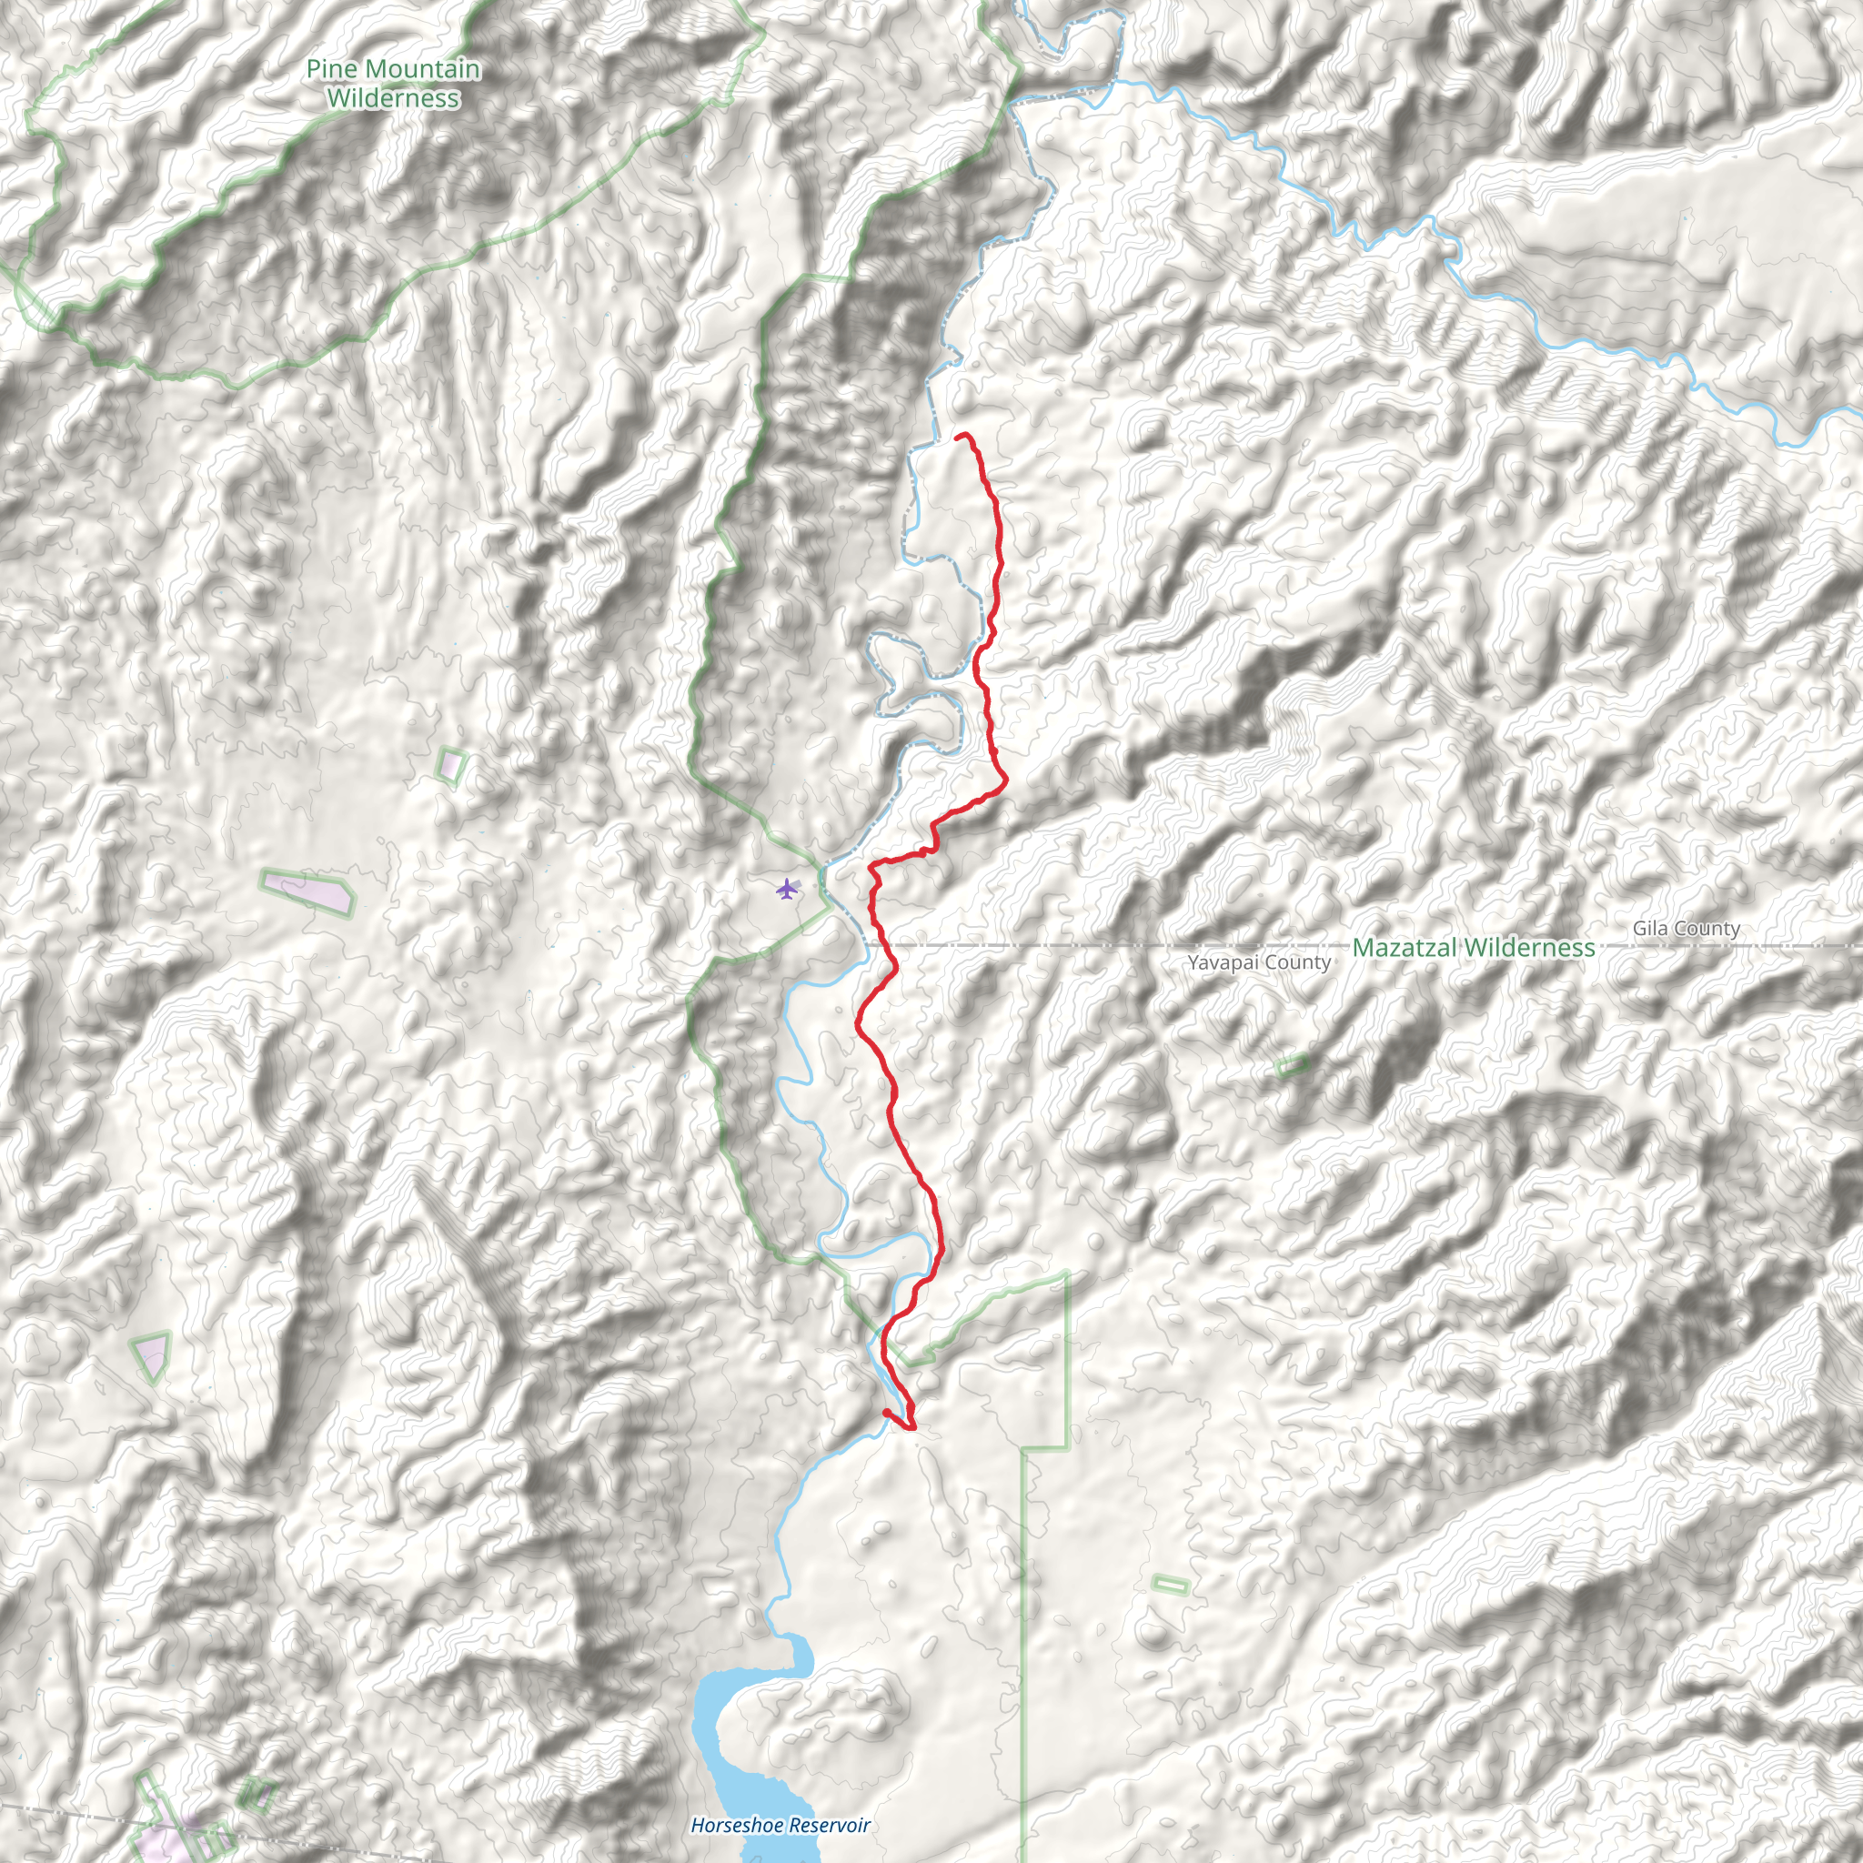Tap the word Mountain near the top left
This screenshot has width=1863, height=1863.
click(422, 69)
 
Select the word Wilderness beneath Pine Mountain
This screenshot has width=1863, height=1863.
click(392, 98)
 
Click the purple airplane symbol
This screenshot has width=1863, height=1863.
click(788, 888)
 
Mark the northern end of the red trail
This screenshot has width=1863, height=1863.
click(958, 437)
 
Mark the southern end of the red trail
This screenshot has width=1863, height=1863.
click(885, 1412)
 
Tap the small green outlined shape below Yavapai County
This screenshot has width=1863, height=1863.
click(1292, 1065)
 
